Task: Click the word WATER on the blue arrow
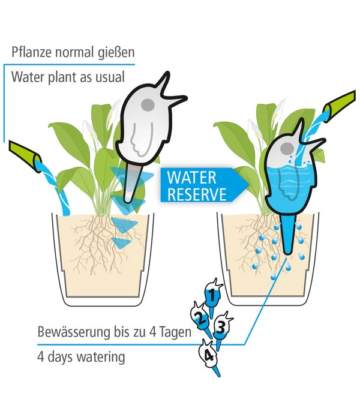(x=191, y=178)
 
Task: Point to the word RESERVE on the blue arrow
(x=197, y=194)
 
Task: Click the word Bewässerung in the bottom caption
(x=74, y=332)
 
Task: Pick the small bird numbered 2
(x=200, y=319)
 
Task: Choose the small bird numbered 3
(x=221, y=328)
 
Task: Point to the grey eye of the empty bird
(x=148, y=104)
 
